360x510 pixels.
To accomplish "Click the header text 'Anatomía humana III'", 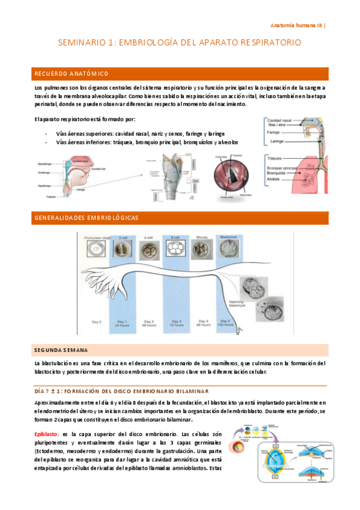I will point(296,26).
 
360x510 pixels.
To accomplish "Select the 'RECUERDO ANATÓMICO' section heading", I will point(72,74).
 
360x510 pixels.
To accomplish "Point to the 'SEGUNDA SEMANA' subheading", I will point(61,349).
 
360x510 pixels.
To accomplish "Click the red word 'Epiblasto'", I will point(46,434).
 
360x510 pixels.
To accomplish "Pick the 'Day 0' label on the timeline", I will point(96,322).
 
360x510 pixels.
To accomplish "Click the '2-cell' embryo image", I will point(123,250).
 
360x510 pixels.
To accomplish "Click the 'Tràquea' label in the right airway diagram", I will point(278,159).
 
